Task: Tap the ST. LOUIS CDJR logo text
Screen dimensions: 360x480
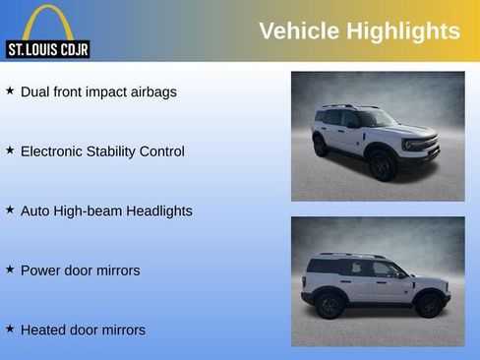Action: pos(47,49)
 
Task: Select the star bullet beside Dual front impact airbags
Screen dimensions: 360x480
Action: pos(10,90)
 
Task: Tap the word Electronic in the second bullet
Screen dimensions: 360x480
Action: pos(55,151)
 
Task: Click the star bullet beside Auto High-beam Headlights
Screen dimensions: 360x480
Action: pos(10,210)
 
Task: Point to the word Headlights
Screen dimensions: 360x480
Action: pos(158,211)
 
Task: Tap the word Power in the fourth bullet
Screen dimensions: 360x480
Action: pos(40,270)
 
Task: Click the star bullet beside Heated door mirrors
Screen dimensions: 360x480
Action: pos(10,329)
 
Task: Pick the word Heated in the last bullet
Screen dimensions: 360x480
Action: pos(43,330)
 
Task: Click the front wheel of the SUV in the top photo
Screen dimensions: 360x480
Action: pos(383,165)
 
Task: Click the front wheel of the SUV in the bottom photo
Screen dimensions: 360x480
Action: pos(428,306)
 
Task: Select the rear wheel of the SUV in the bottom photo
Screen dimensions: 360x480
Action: pos(330,306)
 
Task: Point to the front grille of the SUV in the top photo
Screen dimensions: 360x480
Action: pos(421,146)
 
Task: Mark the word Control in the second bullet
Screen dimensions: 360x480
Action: pos(160,151)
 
